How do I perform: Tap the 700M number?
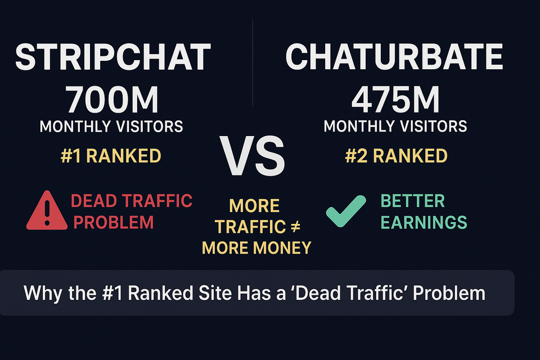(x=112, y=100)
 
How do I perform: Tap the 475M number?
(x=395, y=100)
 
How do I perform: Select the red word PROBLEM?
(x=114, y=222)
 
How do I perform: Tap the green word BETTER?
(x=412, y=201)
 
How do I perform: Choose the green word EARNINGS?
(x=424, y=222)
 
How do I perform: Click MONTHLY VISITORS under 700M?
(x=111, y=126)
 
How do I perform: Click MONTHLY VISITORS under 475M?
(x=395, y=126)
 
